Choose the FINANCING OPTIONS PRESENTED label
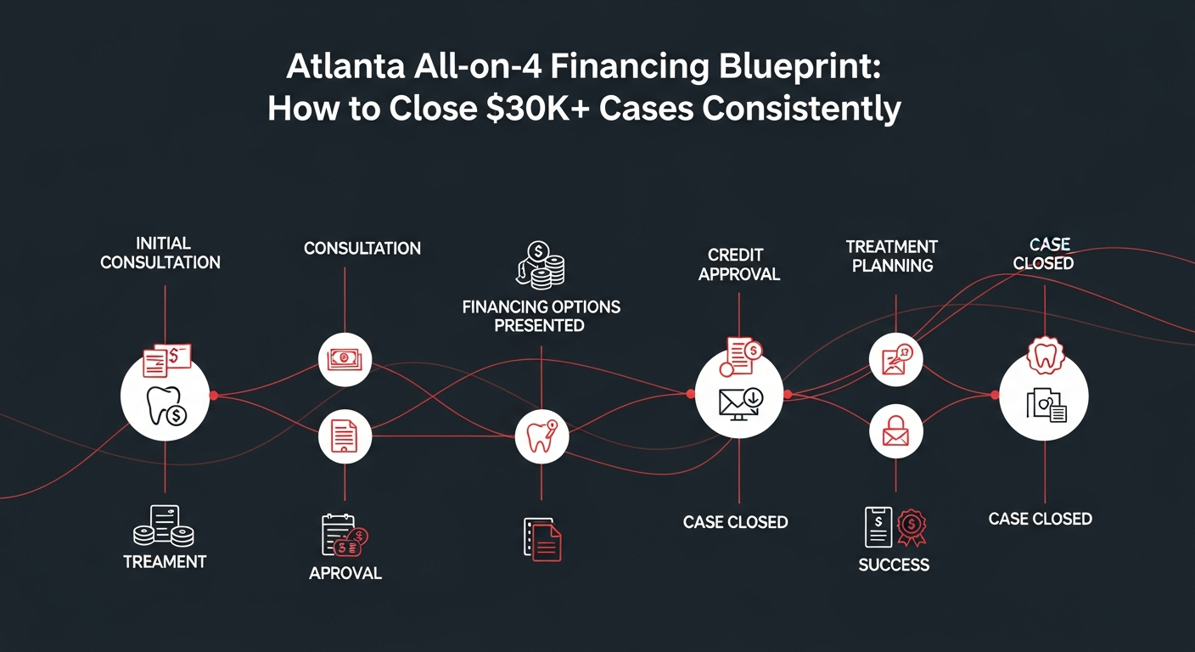[x=541, y=315]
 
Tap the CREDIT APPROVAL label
[x=739, y=264]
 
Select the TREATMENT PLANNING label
[x=892, y=256]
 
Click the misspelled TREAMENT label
[x=165, y=561]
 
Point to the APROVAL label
[x=345, y=573]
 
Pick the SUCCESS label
[x=894, y=565]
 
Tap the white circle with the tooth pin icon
[x=541, y=437]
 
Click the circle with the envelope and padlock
[x=895, y=434]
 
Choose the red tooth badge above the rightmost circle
[x=1044, y=356]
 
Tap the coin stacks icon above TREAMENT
[x=164, y=526]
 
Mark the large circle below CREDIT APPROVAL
[x=739, y=396]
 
